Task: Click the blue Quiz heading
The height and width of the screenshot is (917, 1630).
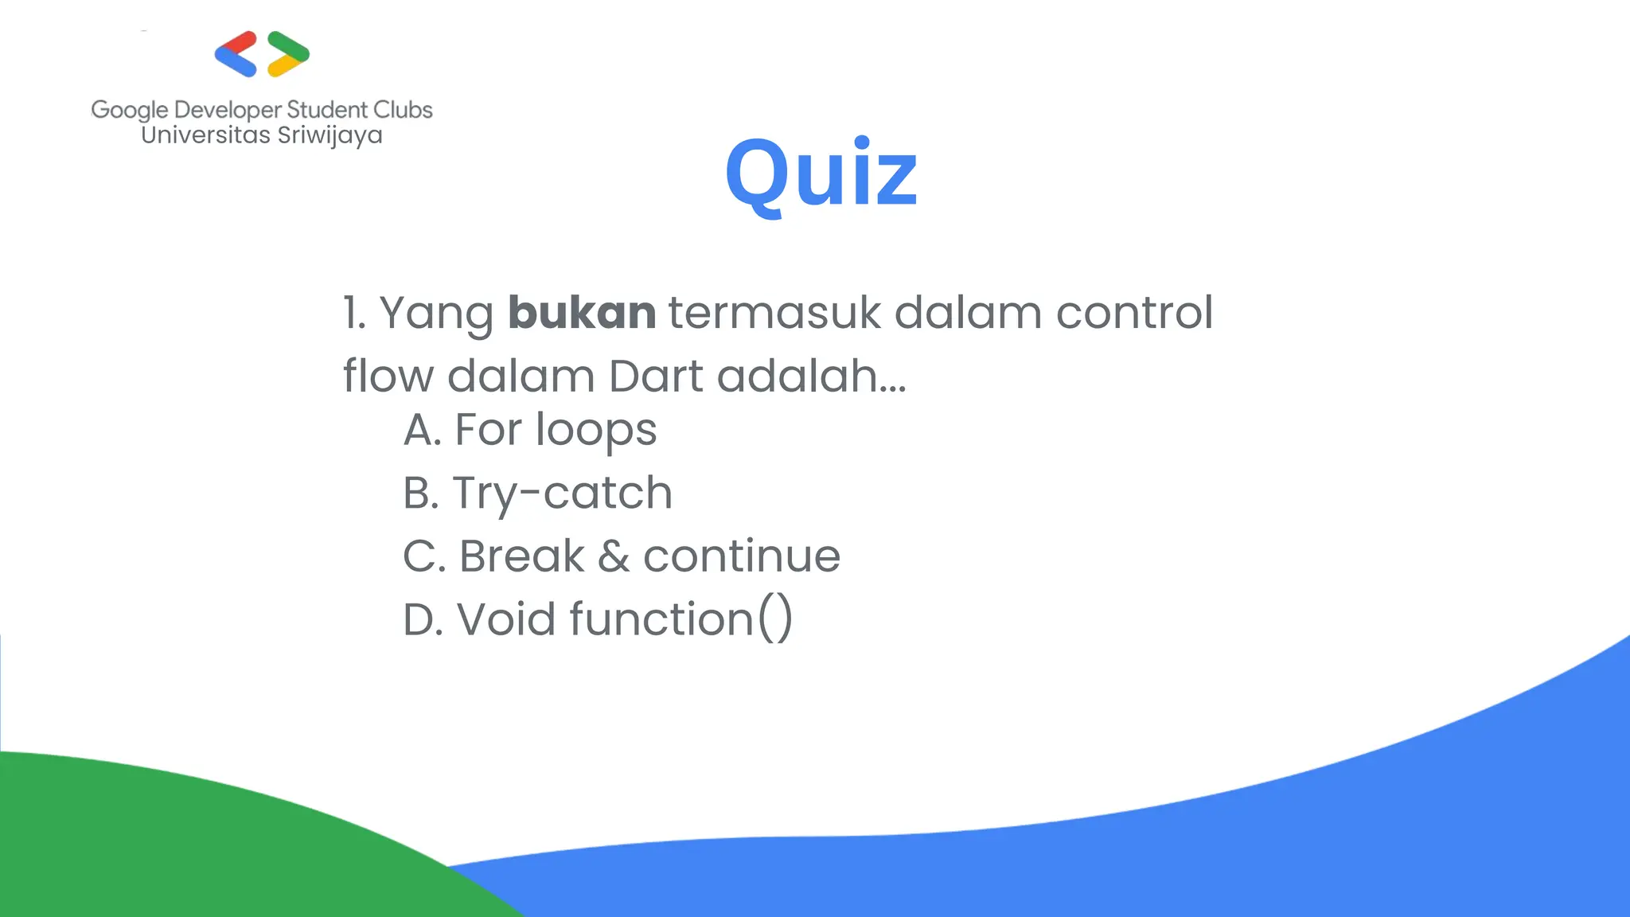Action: coord(821,174)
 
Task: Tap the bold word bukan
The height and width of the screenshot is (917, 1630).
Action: coord(582,312)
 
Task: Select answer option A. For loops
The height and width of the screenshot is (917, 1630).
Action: coord(530,430)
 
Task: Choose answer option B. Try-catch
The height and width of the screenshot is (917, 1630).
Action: coord(538,493)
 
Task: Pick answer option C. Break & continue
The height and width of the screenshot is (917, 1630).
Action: coord(622,556)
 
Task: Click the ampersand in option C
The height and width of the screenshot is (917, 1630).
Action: coord(613,556)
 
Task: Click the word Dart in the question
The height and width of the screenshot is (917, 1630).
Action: coord(655,376)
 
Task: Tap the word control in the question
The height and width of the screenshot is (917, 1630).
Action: coord(1134,312)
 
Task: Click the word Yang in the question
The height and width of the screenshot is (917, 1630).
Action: coord(436,314)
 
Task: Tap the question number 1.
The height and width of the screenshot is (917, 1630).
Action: coord(351,312)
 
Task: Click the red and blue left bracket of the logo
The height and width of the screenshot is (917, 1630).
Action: coord(236,54)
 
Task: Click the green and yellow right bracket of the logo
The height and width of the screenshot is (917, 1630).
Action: coord(288,54)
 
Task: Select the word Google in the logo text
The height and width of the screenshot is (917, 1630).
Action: coord(130,110)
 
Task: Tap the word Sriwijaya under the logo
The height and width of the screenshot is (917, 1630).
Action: coord(330,135)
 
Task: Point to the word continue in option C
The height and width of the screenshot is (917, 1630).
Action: coord(741,556)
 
